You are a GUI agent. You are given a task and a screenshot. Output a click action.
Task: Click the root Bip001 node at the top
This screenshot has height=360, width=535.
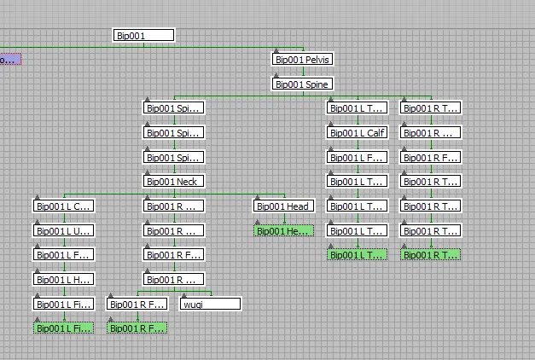pos(143,35)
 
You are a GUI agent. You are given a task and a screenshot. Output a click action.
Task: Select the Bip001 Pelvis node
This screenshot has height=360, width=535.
pos(302,60)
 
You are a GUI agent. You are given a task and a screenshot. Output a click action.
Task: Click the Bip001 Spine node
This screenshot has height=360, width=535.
pos(302,84)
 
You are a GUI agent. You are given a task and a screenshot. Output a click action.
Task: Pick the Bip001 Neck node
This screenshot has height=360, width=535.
pos(173,182)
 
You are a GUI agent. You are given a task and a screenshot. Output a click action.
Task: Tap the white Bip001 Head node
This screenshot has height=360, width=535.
pos(283,206)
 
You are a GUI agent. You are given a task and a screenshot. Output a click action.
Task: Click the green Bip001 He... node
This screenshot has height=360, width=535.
pos(283,230)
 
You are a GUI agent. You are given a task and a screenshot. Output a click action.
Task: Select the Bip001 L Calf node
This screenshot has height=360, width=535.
pos(358,133)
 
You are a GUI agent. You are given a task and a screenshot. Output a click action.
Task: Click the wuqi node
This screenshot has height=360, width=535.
pos(210,304)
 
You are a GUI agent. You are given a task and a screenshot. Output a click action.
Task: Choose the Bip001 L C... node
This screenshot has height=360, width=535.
pos(63,206)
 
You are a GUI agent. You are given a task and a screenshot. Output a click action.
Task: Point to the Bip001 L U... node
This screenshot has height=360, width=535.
pos(63,230)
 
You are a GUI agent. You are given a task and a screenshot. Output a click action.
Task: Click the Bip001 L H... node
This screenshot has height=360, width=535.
pos(63,279)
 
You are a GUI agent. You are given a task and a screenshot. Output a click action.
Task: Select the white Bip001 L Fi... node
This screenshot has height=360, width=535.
pos(63,304)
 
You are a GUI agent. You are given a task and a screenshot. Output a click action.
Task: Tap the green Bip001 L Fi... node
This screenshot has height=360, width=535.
pos(63,328)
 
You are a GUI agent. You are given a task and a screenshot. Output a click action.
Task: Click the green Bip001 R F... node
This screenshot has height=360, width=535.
pos(137,328)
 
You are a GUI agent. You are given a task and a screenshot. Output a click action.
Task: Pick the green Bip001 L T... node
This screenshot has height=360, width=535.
pos(358,254)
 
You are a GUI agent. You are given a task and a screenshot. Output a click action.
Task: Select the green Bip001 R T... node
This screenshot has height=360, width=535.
pos(431,254)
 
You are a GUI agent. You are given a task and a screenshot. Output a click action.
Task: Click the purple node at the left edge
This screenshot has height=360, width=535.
pos(9,60)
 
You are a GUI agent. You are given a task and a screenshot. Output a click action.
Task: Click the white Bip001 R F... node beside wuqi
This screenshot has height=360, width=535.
pos(137,304)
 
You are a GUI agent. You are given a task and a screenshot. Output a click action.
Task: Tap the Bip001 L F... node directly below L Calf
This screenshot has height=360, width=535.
pos(358,157)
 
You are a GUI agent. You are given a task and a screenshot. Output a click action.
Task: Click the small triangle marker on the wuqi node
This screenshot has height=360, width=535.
pos(185,294)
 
